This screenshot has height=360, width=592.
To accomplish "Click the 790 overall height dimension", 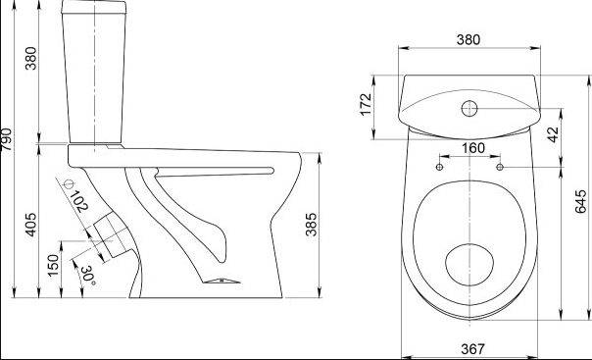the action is tap(7, 139).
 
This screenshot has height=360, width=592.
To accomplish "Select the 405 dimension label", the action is tap(31, 225).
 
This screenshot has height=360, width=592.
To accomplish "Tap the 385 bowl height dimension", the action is tap(311, 225).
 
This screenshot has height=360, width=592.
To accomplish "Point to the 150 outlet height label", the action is tap(53, 265).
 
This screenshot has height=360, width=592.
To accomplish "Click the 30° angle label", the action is tap(88, 276).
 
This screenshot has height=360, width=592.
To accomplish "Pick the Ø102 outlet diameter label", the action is tap(75, 195).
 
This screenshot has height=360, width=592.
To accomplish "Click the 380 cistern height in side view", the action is tap(31, 58).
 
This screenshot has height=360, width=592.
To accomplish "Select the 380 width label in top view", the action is tap(469, 39).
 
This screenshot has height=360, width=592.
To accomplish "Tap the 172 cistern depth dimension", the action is tap(366, 104).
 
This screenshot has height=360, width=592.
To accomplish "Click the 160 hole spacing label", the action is tap(473, 148).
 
